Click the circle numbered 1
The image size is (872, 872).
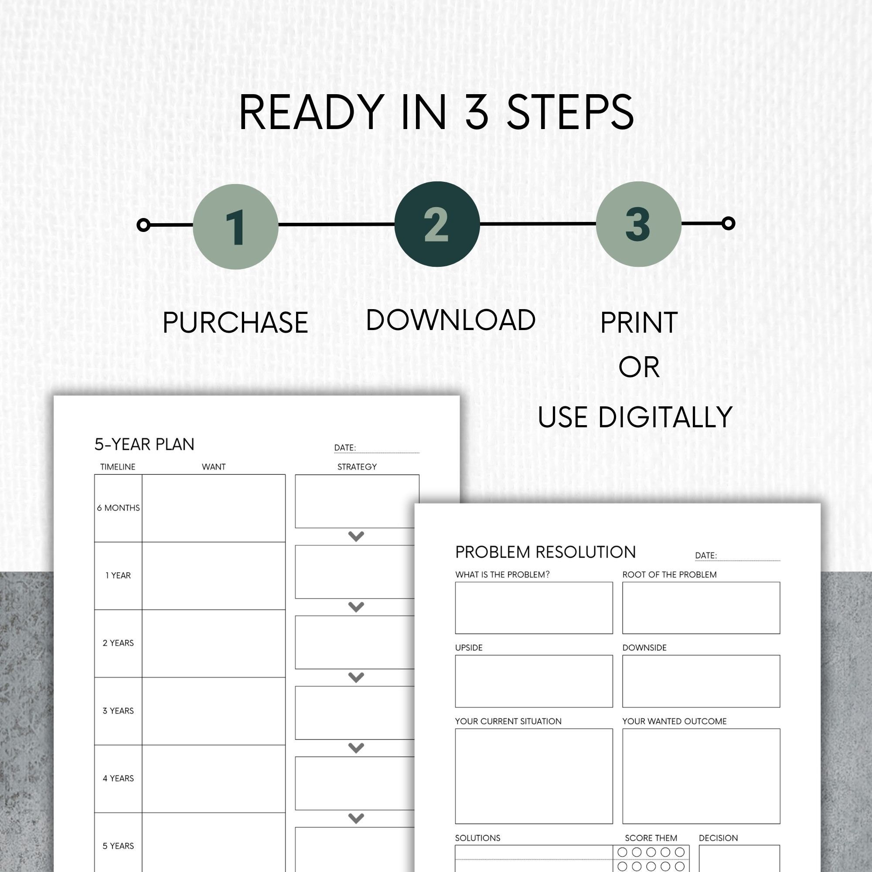[235, 227]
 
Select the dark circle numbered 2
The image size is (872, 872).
[436, 224]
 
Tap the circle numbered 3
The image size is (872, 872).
[638, 224]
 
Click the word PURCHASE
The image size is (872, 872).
[235, 323]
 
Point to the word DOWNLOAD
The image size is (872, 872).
[450, 320]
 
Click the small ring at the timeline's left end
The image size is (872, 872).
[143, 225]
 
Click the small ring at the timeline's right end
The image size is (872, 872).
[728, 223]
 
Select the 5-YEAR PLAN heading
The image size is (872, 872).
[144, 445]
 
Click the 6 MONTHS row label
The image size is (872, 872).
[118, 508]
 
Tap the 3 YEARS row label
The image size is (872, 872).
[118, 711]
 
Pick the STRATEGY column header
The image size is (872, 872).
[357, 467]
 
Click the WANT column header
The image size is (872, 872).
[214, 467]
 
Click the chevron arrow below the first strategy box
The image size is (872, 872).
[356, 536]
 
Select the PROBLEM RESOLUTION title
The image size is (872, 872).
[545, 552]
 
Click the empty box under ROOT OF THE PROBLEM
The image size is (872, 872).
[701, 607]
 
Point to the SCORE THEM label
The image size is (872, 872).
[651, 838]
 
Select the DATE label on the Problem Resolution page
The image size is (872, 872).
[705, 555]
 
